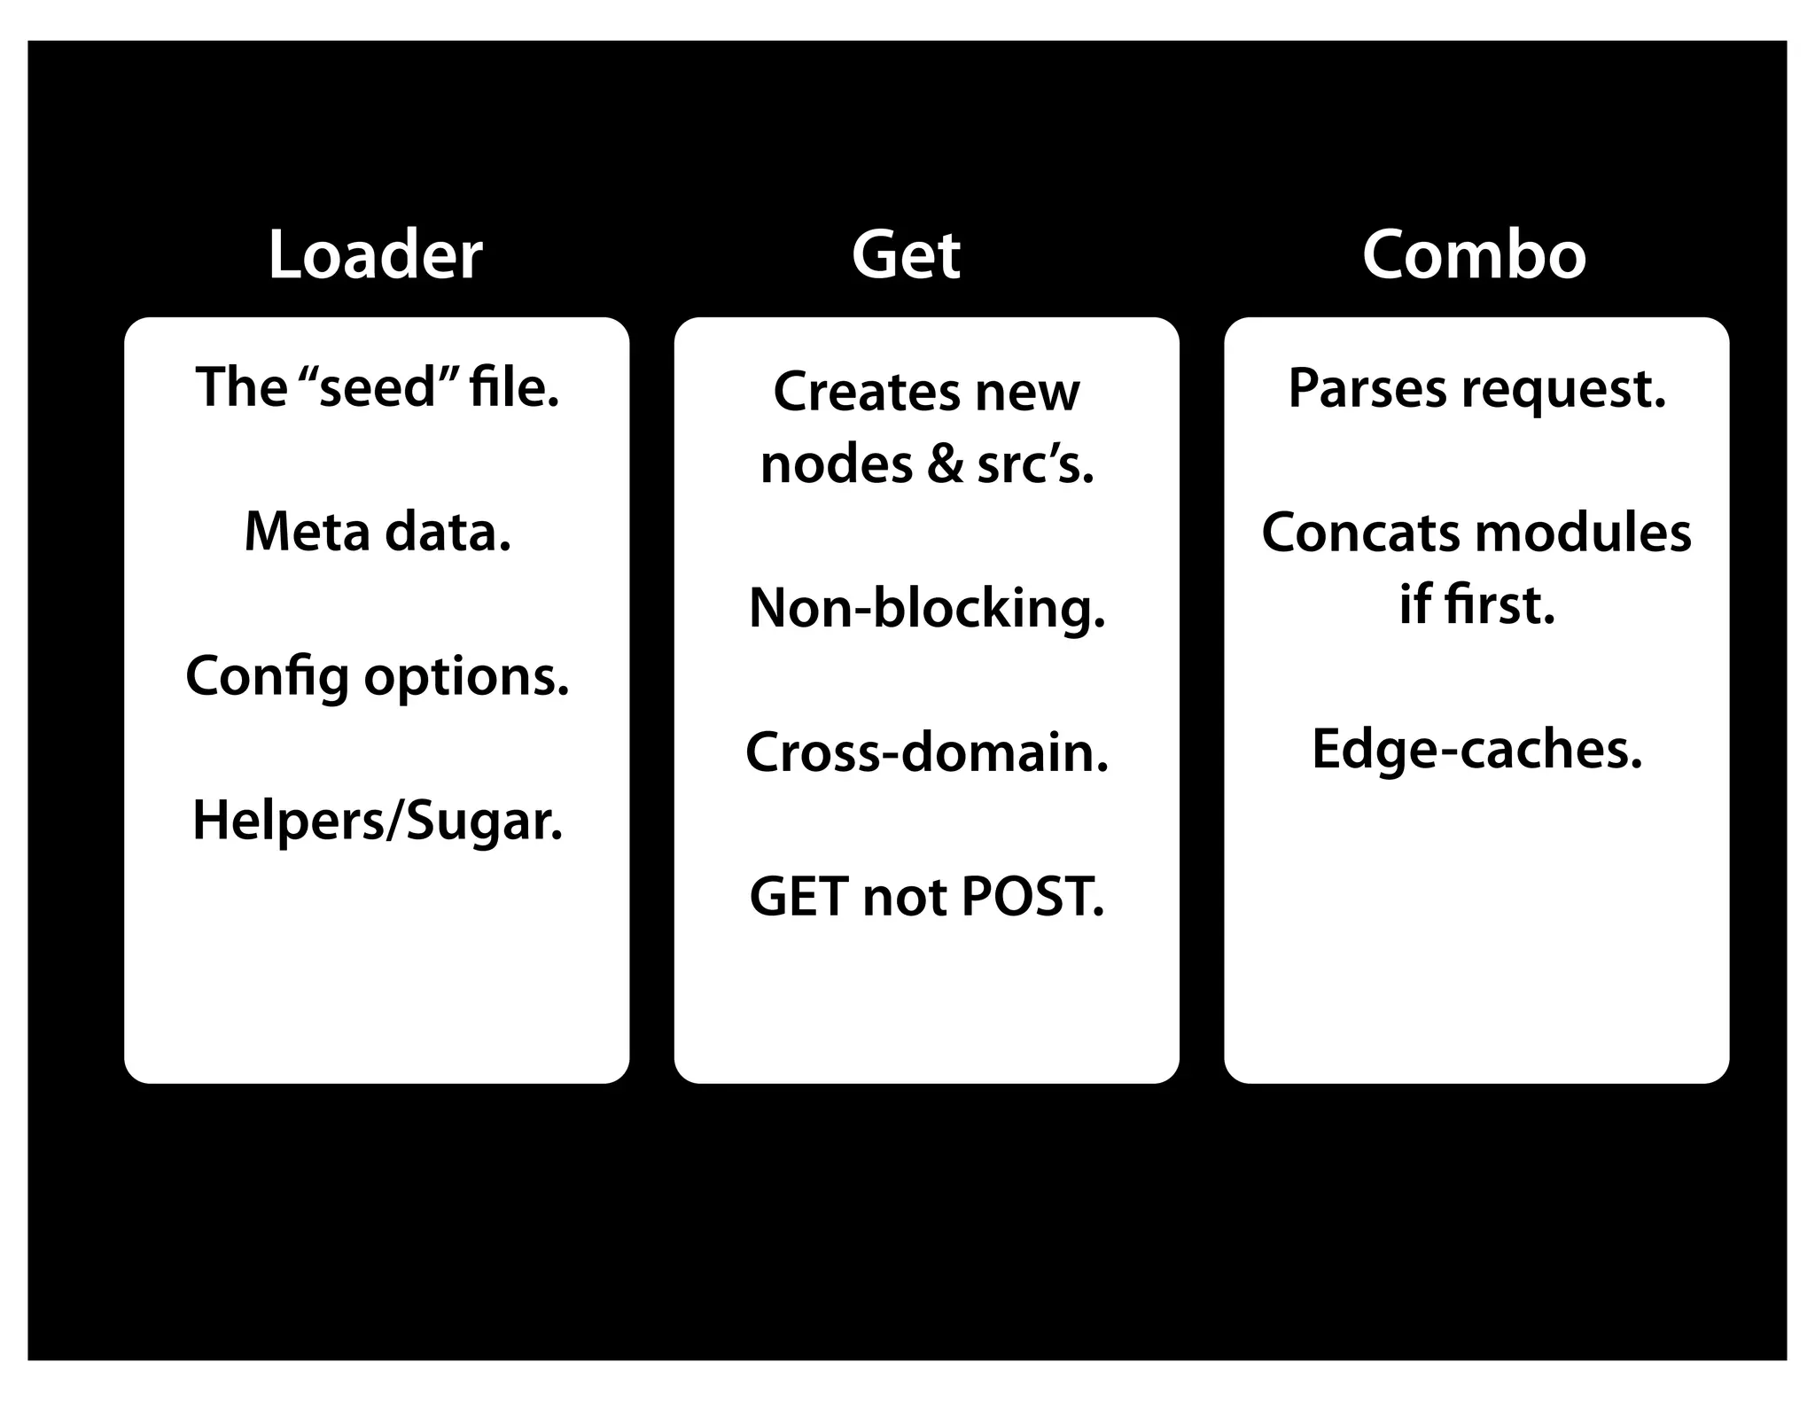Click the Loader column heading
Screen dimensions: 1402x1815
point(375,255)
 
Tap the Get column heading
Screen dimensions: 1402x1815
point(906,255)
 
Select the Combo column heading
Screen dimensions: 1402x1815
point(1474,255)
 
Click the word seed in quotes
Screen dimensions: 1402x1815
point(377,388)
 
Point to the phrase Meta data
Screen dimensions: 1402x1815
point(378,532)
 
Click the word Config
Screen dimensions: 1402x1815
point(267,677)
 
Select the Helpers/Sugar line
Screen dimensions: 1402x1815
point(378,821)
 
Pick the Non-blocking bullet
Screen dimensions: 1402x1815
point(927,609)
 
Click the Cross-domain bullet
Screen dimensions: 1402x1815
point(927,752)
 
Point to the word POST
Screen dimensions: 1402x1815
point(1032,897)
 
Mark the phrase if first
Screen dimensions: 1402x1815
point(1476,605)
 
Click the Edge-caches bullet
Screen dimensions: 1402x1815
point(1476,750)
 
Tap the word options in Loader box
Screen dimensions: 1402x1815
point(466,677)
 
